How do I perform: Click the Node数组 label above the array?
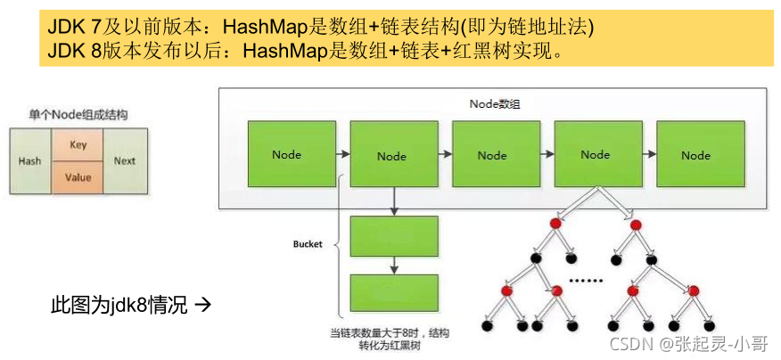coord(494,104)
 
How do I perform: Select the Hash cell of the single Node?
coord(30,161)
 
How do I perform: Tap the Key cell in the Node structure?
coord(78,144)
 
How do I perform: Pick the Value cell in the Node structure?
coord(78,177)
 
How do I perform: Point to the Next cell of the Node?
coord(125,161)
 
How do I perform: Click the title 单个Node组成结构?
coord(78,116)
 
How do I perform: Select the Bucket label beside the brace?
coord(308,244)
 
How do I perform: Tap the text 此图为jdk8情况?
coord(119,307)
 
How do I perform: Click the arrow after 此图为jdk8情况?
coord(201,307)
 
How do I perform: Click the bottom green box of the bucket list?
coord(394,292)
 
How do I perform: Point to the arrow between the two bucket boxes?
coord(394,265)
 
